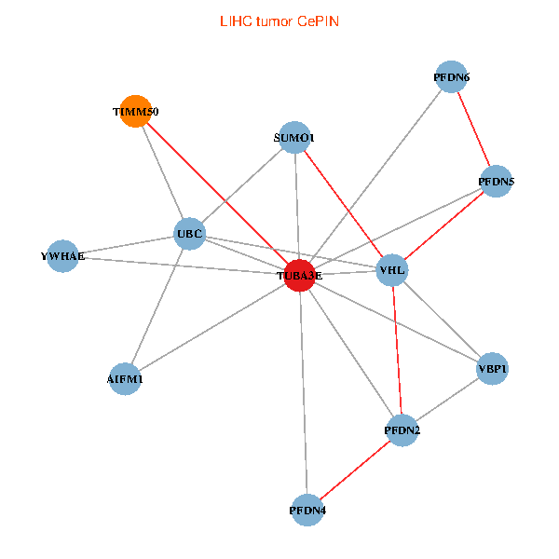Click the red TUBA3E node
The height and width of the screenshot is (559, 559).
(299, 276)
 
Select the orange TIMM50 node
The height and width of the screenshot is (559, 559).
(136, 111)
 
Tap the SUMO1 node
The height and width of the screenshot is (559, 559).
(294, 138)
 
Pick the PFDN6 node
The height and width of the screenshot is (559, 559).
(452, 77)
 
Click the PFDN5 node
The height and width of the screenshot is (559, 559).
(496, 182)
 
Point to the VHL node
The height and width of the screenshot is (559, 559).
(392, 271)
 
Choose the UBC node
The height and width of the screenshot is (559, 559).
(190, 233)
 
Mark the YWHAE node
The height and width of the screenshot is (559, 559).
(62, 256)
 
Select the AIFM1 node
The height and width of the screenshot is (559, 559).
(125, 379)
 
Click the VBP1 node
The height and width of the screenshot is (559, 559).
(492, 370)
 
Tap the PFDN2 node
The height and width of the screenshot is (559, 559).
(402, 430)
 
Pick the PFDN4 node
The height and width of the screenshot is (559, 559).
(307, 510)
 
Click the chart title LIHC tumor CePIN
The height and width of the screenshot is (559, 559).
(279, 20)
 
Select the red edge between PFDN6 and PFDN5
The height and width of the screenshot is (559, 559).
(473, 130)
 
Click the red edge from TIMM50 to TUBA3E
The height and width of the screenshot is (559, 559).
(217, 193)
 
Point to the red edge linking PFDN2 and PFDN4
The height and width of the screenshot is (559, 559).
(355, 470)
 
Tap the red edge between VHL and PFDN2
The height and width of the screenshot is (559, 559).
(398, 351)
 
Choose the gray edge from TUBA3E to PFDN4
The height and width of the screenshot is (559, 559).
(303, 391)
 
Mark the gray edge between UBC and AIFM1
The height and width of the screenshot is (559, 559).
(157, 306)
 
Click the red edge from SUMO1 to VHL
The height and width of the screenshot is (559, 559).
(343, 204)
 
